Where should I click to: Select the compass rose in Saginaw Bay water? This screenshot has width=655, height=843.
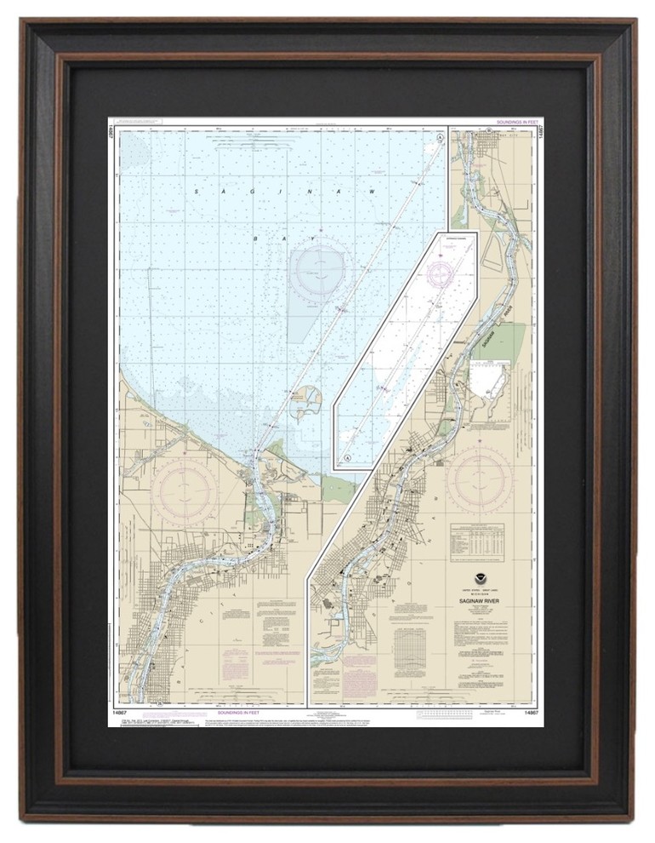[x=319, y=271]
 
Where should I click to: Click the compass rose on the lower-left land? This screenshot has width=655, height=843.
[x=185, y=490]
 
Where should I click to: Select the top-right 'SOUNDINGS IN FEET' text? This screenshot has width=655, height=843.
[x=514, y=123]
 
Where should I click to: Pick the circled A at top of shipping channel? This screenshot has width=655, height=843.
[x=439, y=137]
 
